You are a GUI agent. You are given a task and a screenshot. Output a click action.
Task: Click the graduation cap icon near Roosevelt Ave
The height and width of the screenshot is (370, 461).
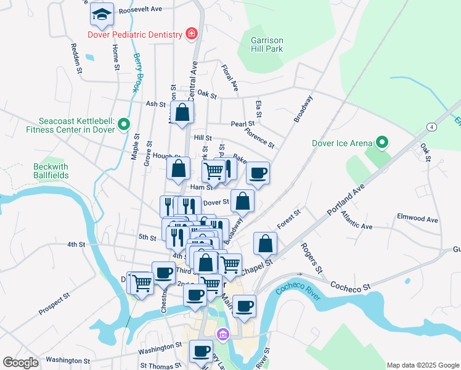pyautogui.click(x=102, y=14)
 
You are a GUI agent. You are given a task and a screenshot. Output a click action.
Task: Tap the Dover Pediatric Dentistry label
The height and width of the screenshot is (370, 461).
pyautogui.click(x=136, y=35)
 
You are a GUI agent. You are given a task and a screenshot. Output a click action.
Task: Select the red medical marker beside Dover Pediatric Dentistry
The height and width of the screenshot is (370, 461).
pyautogui.click(x=192, y=33)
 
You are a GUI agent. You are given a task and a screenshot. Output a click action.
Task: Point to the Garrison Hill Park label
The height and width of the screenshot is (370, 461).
pyautogui.click(x=267, y=44)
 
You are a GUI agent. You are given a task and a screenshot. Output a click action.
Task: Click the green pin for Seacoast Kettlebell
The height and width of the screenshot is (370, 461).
pyautogui.click(x=124, y=125)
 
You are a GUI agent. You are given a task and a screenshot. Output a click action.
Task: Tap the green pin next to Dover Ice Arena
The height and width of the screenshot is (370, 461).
pyautogui.click(x=381, y=144)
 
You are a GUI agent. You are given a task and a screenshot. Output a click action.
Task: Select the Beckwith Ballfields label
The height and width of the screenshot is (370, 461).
pyautogui.click(x=51, y=171)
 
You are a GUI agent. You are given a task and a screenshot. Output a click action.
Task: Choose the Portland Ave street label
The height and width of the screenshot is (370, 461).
pyautogui.click(x=346, y=198)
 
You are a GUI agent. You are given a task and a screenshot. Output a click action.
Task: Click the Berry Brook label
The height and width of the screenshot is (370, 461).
pyautogui.click(x=137, y=72)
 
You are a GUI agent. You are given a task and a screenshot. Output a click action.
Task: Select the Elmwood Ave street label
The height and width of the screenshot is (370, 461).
pyautogui.click(x=417, y=219)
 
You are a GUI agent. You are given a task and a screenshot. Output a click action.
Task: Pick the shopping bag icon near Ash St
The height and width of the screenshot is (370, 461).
pyautogui.click(x=182, y=113)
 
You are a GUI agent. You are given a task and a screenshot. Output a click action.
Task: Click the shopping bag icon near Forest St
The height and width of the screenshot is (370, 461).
pyautogui.click(x=265, y=244)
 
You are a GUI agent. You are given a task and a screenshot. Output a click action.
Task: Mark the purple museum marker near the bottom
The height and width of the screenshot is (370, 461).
pyautogui.click(x=222, y=335)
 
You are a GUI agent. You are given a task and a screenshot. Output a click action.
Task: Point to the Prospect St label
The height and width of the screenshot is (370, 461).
pyautogui.click(x=54, y=305)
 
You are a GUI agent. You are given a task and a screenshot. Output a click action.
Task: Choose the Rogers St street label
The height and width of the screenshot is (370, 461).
pyautogui.click(x=312, y=258)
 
